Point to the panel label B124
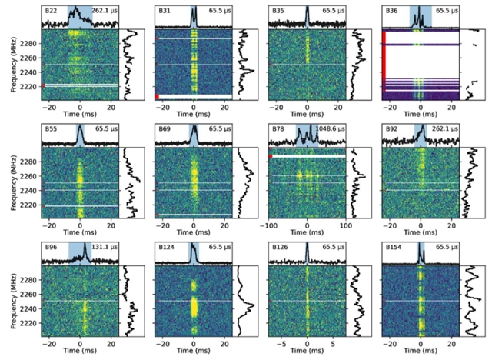(166, 246)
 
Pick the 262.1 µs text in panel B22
(105, 10)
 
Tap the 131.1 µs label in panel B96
(105, 246)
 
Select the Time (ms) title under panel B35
(307, 118)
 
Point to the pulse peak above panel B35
(307, 12)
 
